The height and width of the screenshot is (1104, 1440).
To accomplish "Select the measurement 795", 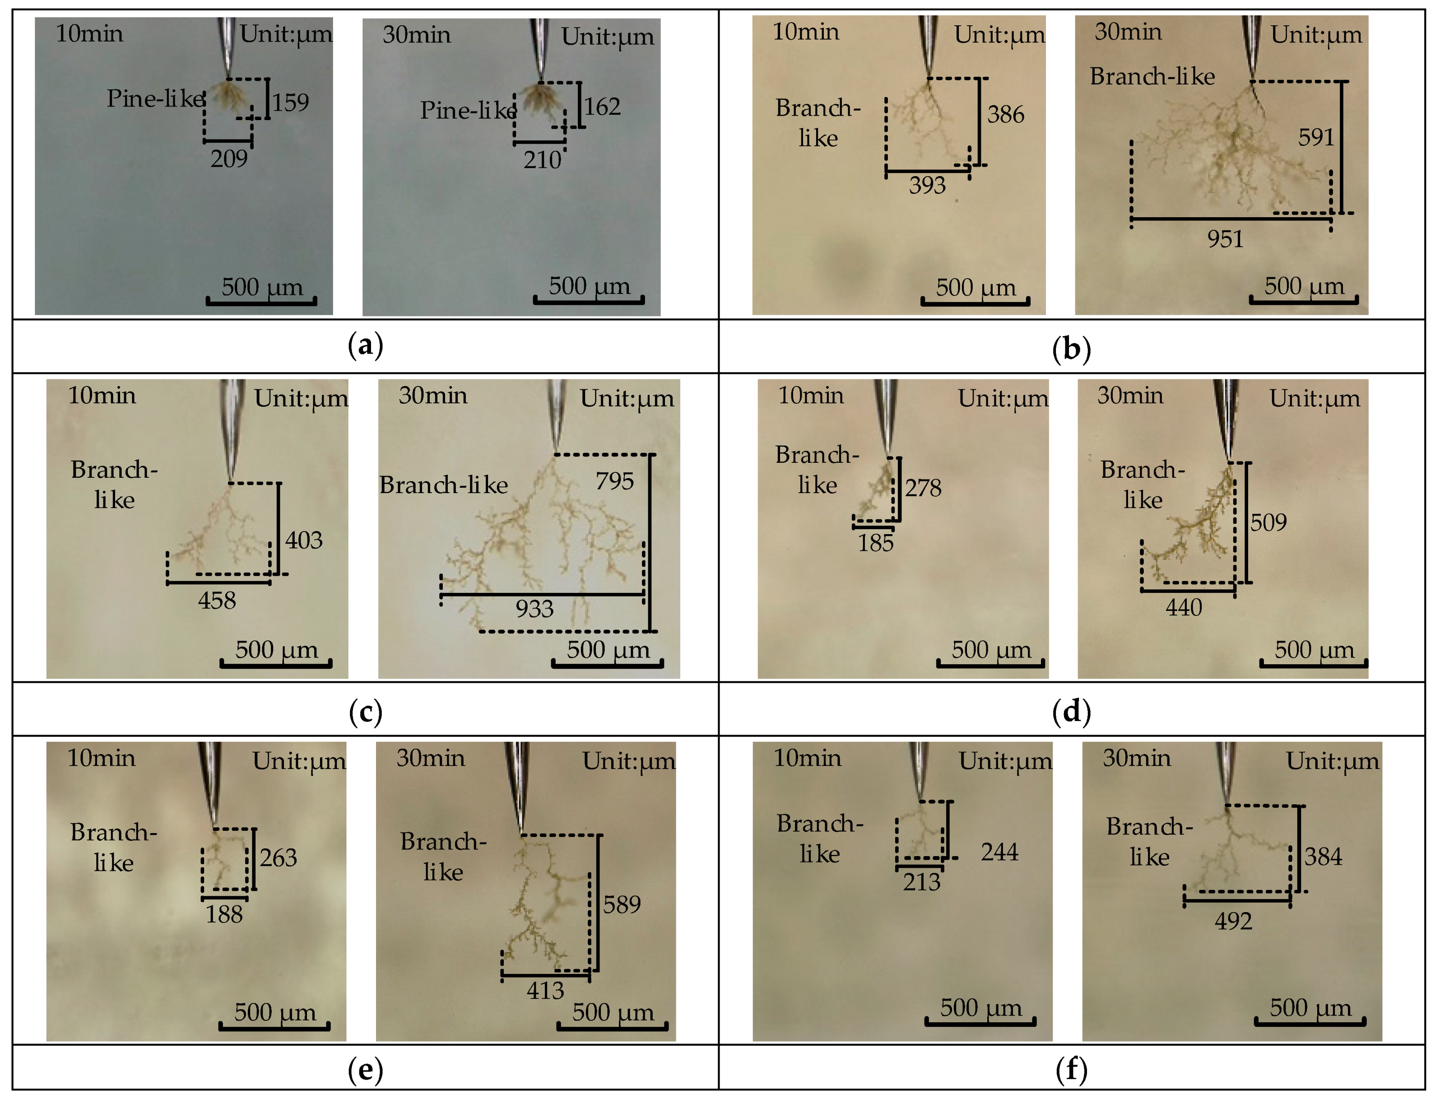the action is pyautogui.click(x=614, y=481).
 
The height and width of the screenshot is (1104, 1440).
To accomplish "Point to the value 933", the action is pyautogui.click(x=534, y=609).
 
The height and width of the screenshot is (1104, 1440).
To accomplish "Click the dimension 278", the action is pyautogui.click(x=923, y=488).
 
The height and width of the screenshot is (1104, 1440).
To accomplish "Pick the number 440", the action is pyautogui.click(x=1184, y=608).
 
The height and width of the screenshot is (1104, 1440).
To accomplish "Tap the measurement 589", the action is pyautogui.click(x=622, y=905).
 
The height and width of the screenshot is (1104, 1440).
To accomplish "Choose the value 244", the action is pyautogui.click(x=999, y=852).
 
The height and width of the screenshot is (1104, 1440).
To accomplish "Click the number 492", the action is pyautogui.click(x=1233, y=921).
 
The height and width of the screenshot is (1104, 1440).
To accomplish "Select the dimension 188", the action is pyautogui.click(x=224, y=914).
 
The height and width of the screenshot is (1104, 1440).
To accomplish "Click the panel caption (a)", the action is pyautogui.click(x=365, y=346).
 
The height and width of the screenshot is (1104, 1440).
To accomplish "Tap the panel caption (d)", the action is pyautogui.click(x=1072, y=711).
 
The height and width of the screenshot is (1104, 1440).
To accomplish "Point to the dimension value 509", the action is pyautogui.click(x=1268, y=523).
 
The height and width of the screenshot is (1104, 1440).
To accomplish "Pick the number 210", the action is pyautogui.click(x=542, y=160).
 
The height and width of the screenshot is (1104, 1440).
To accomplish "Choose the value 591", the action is pyautogui.click(x=1316, y=137).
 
